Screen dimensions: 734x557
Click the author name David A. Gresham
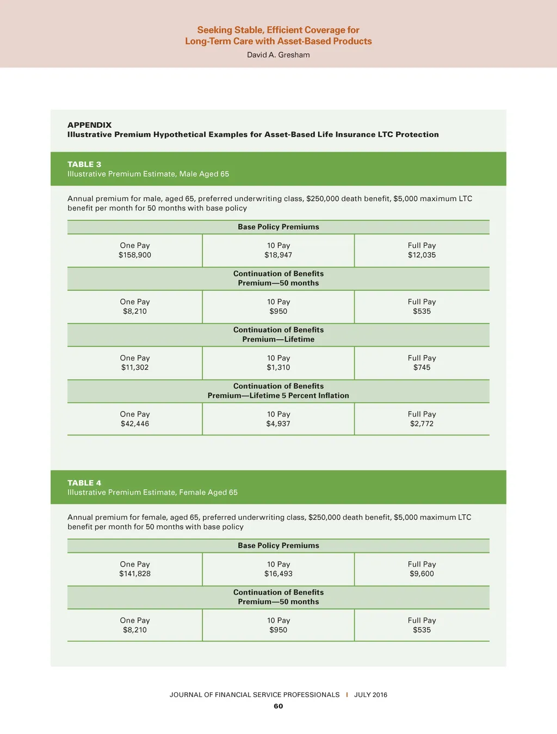coord(278,55)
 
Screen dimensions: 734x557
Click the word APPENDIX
coord(89,125)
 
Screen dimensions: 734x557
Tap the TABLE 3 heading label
coord(84,164)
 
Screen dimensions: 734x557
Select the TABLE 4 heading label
coord(84,483)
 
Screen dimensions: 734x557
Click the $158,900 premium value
coord(135,255)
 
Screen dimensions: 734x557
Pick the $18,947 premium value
coord(278,255)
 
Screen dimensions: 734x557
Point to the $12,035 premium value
coord(422,255)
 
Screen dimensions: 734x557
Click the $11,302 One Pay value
coord(135,368)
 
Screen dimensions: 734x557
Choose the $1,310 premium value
coord(278,368)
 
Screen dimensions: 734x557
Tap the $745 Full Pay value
coord(422,368)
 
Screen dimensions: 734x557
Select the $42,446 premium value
coord(135,424)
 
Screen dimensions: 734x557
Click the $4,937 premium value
coord(278,424)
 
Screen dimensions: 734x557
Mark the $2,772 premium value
coord(422,424)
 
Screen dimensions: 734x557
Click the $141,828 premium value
coord(135,574)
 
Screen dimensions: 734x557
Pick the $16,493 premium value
coord(278,574)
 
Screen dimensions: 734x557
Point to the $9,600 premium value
coord(422,574)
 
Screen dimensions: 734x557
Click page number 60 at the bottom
coord(278,706)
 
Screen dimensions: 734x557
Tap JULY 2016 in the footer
coord(370,695)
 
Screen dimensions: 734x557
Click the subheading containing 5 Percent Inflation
coord(278,396)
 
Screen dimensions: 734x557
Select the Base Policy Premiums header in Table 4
coord(278,545)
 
